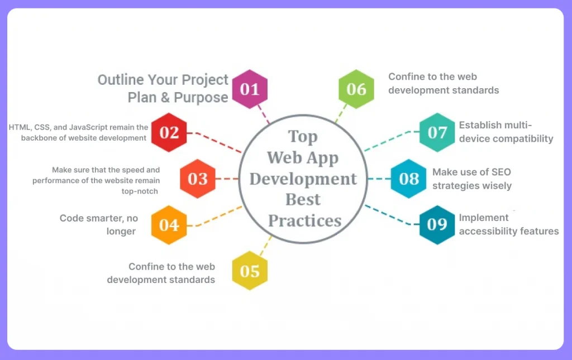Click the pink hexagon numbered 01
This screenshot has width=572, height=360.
(x=250, y=89)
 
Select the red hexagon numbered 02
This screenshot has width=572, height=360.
(x=169, y=132)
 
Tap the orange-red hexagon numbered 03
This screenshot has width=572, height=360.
(x=198, y=179)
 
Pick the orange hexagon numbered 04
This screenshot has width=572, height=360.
(x=169, y=224)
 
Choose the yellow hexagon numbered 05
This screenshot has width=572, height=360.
(x=250, y=271)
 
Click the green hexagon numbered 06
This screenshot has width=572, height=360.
(x=356, y=89)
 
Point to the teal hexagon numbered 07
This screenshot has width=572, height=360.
(x=437, y=132)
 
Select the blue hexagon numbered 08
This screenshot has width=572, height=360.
(x=409, y=179)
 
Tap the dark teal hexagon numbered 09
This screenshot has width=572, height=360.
(x=437, y=224)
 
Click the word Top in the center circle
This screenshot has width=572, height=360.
(x=303, y=137)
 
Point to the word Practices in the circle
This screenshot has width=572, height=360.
(x=304, y=220)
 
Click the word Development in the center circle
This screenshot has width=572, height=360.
(x=303, y=179)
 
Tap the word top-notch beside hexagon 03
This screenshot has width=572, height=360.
(x=140, y=191)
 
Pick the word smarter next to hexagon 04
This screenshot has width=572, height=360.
(x=108, y=218)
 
